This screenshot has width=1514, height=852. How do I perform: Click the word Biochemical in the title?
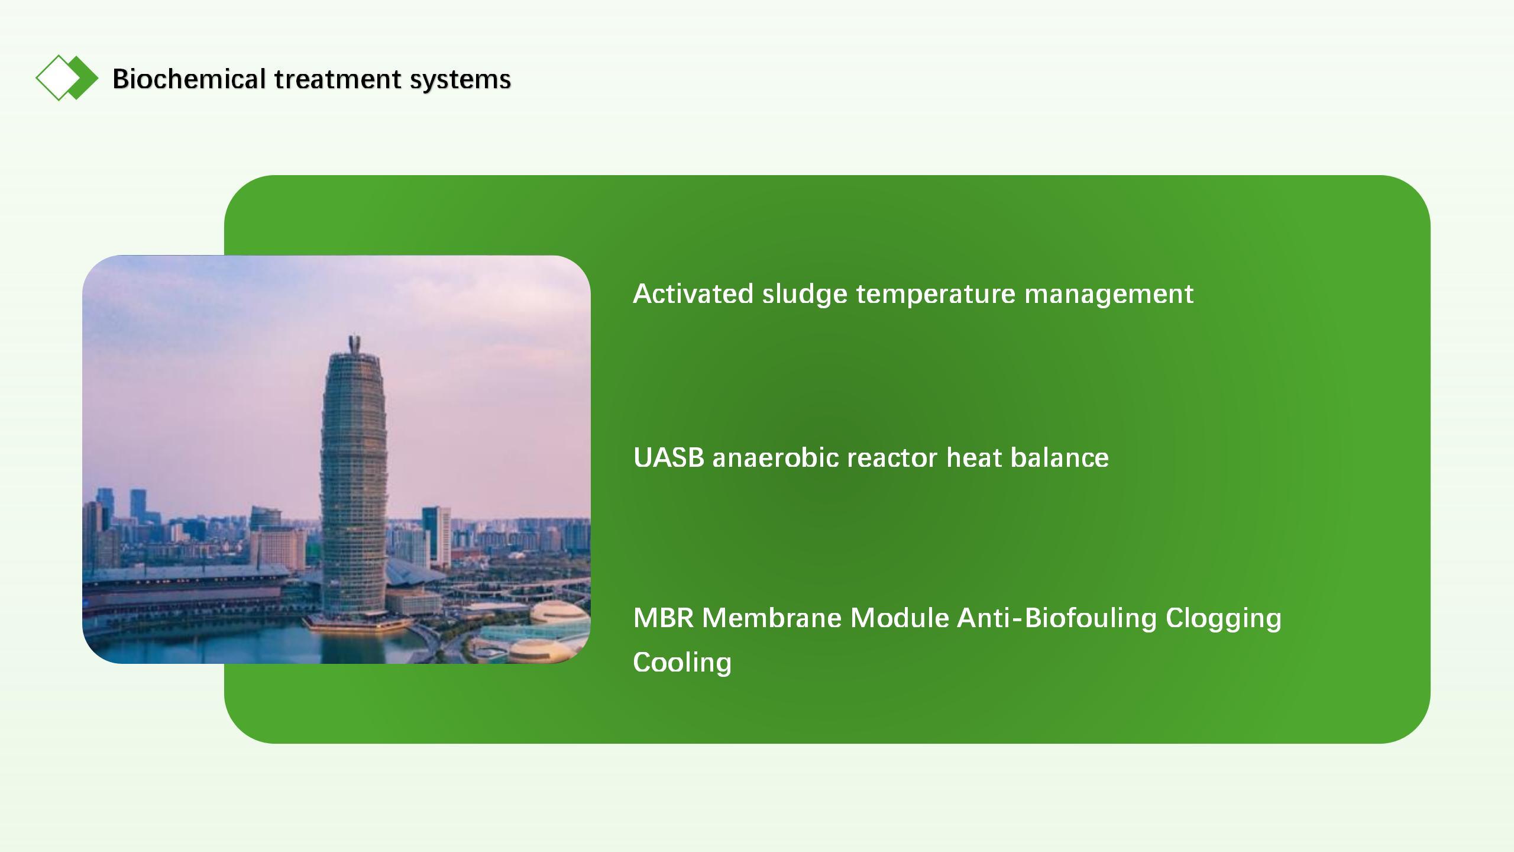tap(189, 79)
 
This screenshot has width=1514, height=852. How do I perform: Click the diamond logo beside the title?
tap(67, 78)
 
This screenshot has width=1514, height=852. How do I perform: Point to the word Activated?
tap(693, 293)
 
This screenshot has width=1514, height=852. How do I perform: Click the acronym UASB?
tap(669, 457)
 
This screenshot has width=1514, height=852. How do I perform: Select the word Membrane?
tap(772, 618)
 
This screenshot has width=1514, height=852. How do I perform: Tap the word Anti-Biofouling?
tap(1057, 618)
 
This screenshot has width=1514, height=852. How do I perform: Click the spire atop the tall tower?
tap(355, 344)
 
